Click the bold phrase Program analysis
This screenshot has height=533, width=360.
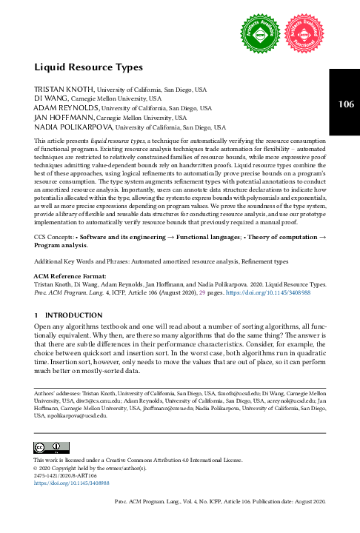click(64, 244)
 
